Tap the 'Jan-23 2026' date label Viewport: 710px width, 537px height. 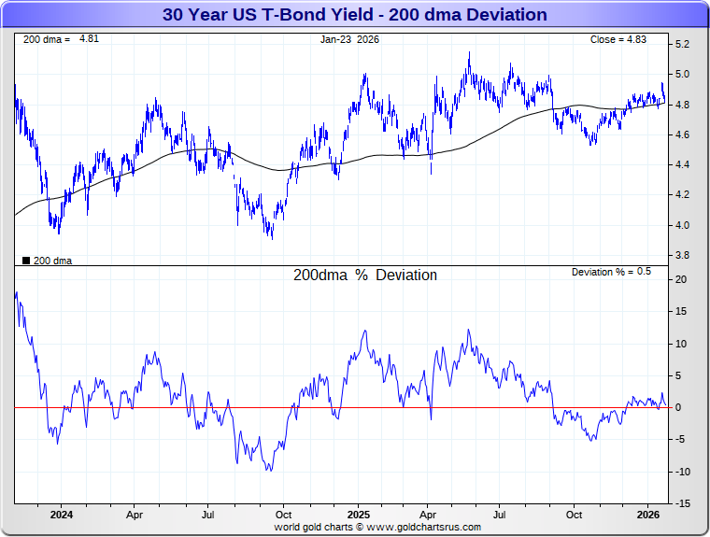click(351, 39)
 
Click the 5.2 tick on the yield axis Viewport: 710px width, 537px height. click(682, 45)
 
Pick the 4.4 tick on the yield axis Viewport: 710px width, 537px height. click(682, 165)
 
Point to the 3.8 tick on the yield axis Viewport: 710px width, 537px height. click(682, 255)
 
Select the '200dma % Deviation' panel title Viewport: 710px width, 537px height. click(365, 276)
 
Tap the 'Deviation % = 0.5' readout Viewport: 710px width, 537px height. click(611, 272)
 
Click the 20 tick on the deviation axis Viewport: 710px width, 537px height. click(680, 280)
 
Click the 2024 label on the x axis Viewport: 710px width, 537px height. click(61, 515)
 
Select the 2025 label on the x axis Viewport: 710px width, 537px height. click(359, 515)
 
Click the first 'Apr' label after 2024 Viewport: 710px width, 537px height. click(135, 515)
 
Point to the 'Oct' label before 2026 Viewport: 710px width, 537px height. click(574, 515)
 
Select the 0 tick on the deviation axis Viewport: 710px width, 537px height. click(679, 408)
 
